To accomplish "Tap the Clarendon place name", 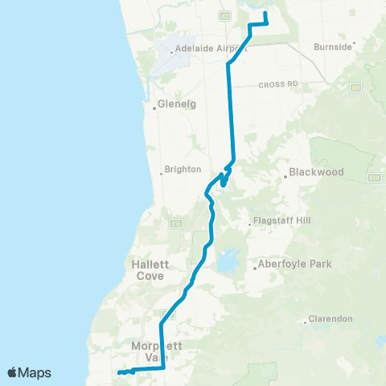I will (x=331, y=318).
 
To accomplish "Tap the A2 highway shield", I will (x=225, y=14).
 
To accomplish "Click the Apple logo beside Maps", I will (x=13, y=372).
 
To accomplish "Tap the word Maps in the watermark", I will (x=35, y=372).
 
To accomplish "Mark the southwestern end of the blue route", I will (x=119, y=373).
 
